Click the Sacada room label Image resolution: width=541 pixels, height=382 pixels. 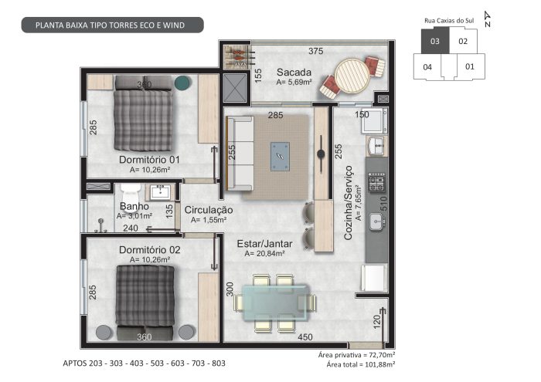pos(294,73)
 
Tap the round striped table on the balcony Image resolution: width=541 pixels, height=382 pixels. pos(352,75)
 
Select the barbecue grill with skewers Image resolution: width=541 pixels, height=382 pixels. pos(239,57)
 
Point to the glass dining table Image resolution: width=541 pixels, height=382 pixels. pos(276,303)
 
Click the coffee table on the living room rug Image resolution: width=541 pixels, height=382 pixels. pos(280,157)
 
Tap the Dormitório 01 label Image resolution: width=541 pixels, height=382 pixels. pos(149,160)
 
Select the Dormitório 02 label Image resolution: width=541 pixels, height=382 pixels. pos(150,250)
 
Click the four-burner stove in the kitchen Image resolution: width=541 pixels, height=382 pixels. pos(377,182)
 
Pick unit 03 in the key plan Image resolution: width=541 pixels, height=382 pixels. pos(435,42)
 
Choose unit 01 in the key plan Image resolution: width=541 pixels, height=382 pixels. pos(470,66)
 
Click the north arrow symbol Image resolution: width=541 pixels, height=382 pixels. pos(488,19)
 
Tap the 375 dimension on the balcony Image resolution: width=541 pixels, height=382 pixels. pos(315,52)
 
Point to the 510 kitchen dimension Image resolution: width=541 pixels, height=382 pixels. pos(383,204)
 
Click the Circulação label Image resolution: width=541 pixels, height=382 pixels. pos(209,210)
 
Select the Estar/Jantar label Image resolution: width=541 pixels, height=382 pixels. pos(264,244)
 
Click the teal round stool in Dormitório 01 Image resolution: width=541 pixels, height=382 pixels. pos(182,83)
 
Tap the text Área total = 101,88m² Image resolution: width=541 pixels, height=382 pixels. pos(361,364)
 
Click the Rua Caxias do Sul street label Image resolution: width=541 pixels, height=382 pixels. pos(449,21)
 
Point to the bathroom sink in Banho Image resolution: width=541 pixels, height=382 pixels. pos(160,192)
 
